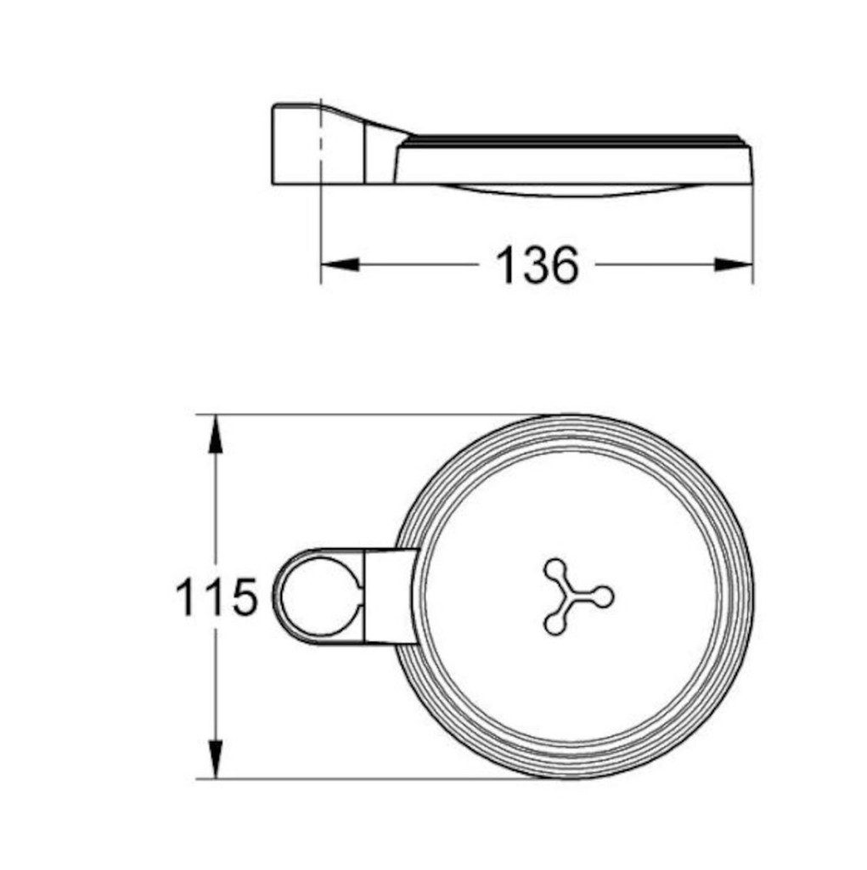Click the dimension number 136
(537, 265)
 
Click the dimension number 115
(217, 596)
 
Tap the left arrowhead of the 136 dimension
(340, 265)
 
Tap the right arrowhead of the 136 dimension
(734, 265)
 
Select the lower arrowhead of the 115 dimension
(216, 759)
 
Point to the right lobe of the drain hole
(604, 596)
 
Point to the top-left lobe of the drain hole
(555, 569)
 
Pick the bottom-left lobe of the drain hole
(555, 624)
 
